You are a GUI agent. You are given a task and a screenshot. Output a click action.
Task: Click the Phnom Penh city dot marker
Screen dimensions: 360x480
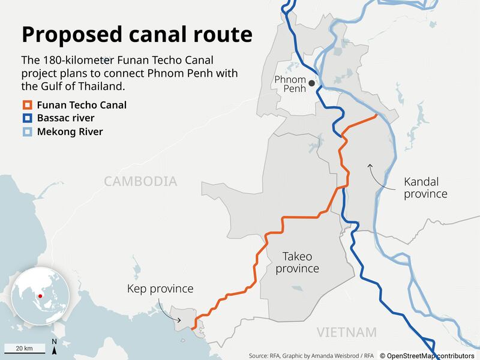pos(311,84)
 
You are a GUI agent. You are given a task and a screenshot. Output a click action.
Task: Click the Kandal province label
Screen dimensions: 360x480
pos(425,187)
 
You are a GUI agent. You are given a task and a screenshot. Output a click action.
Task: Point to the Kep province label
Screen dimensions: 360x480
pos(160,289)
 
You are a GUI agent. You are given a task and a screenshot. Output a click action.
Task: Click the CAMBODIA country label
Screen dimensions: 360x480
pos(140,181)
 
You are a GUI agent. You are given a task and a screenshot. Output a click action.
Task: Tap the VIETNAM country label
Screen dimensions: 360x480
pos(347,332)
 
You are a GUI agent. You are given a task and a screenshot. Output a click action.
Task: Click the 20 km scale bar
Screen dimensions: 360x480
pos(24,349)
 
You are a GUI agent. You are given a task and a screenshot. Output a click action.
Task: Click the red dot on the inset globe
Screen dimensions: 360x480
pos(39,296)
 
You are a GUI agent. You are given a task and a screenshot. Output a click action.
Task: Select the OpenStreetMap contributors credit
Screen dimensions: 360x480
pos(427,355)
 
